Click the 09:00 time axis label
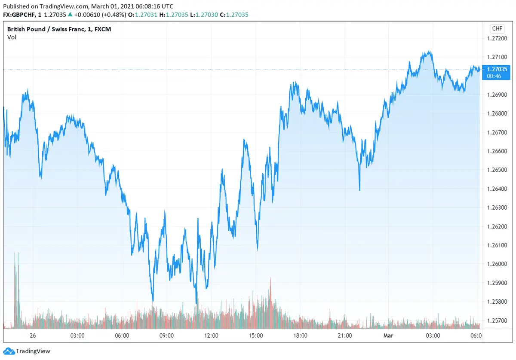[166, 336]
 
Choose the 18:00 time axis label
[300, 336]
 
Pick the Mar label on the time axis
[388, 336]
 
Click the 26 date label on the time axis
[33, 336]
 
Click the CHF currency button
[497, 29]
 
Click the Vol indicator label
[12, 37]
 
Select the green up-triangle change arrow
[70, 15]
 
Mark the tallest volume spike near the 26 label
[15, 258]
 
